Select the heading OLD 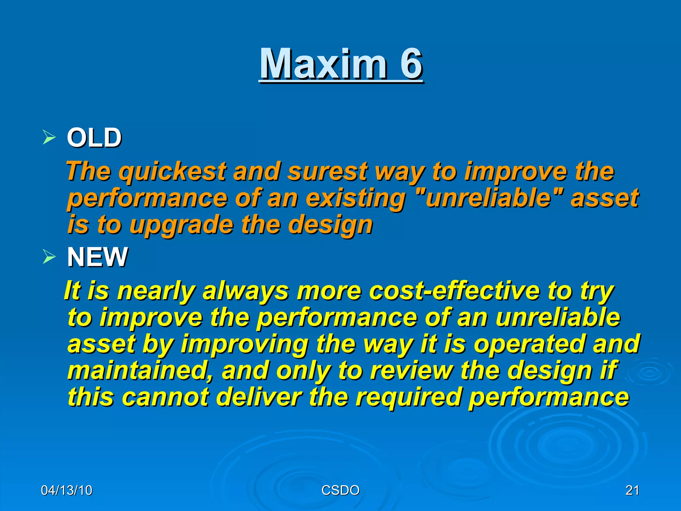point(94,138)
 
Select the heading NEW point(97,257)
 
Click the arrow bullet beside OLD point(49,137)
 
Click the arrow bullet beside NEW point(49,257)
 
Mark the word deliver point(259,397)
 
